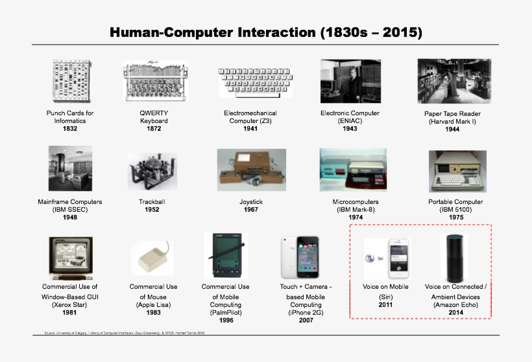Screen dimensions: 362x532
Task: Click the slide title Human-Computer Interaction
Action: click(x=266, y=32)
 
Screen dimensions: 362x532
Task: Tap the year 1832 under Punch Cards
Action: click(x=70, y=129)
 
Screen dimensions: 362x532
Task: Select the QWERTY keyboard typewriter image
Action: click(x=154, y=81)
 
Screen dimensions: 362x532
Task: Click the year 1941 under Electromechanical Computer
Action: click(x=250, y=129)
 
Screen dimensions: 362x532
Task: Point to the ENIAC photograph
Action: click(x=350, y=81)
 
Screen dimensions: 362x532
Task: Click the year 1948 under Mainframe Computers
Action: click(x=70, y=218)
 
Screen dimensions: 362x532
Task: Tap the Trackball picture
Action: click(x=152, y=171)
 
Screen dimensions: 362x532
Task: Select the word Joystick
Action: click(x=251, y=202)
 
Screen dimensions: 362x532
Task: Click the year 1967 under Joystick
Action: click(x=251, y=210)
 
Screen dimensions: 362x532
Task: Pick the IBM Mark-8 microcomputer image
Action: click(x=353, y=170)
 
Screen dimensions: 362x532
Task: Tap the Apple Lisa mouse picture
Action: click(x=153, y=259)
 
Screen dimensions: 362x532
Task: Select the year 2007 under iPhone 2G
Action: click(x=306, y=321)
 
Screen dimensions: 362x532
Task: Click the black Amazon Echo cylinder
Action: click(x=453, y=258)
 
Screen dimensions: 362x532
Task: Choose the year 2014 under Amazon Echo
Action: click(x=455, y=313)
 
